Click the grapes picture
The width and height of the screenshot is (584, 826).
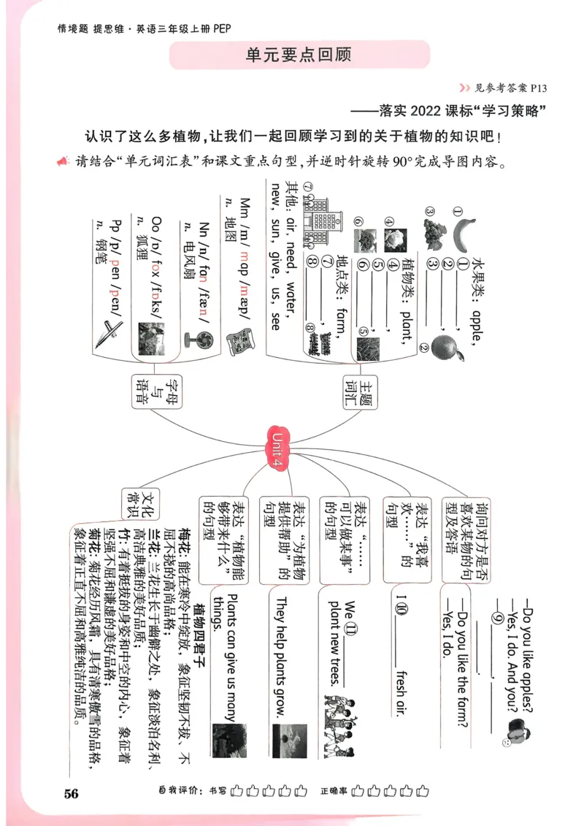432,221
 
